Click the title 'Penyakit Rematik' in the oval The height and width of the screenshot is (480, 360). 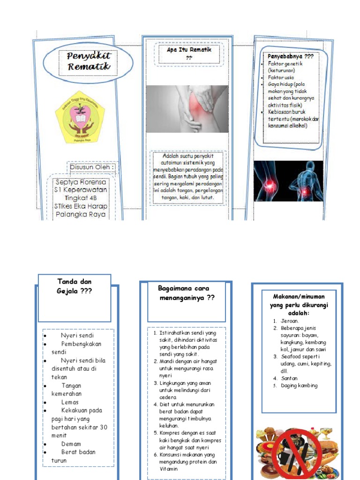(x=88, y=61)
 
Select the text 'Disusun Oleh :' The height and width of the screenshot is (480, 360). (x=92, y=167)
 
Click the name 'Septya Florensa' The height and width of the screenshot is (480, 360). (x=81, y=182)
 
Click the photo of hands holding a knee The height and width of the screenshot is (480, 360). (x=187, y=109)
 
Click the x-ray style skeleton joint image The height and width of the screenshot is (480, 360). (x=288, y=181)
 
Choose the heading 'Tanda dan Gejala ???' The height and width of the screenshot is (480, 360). (x=75, y=286)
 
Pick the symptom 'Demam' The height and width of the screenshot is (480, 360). (x=71, y=444)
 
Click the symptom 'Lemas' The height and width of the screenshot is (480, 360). (x=70, y=402)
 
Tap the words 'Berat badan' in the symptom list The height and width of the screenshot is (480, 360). (x=78, y=452)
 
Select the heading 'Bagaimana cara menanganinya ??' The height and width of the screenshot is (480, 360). (x=187, y=293)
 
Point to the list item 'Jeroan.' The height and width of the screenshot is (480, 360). (x=290, y=321)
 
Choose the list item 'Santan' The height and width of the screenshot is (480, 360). (x=289, y=378)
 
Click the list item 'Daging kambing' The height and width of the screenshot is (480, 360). (x=299, y=386)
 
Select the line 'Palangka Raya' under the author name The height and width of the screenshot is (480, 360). (x=81, y=214)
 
